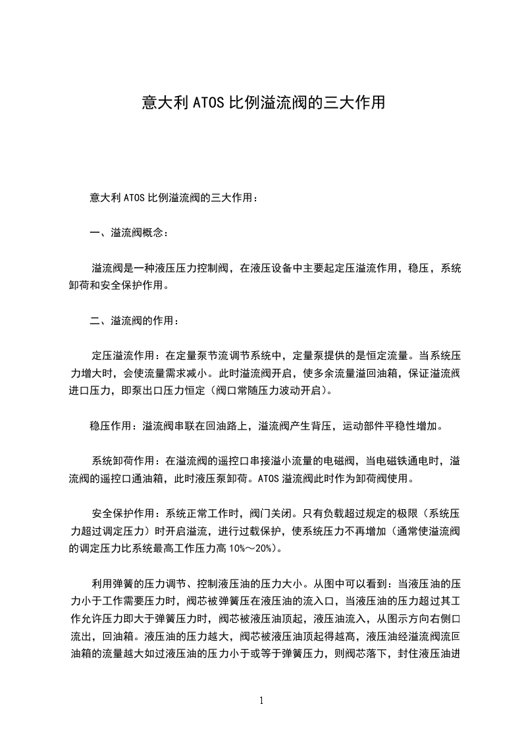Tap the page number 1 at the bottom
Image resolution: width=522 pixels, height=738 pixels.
pos(261,700)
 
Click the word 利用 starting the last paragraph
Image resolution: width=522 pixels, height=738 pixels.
pos(101,583)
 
